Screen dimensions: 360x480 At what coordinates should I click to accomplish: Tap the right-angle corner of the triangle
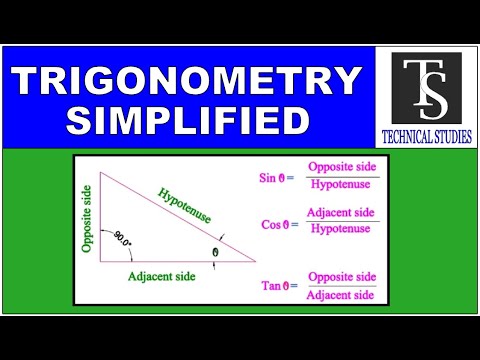(x=103, y=259)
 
